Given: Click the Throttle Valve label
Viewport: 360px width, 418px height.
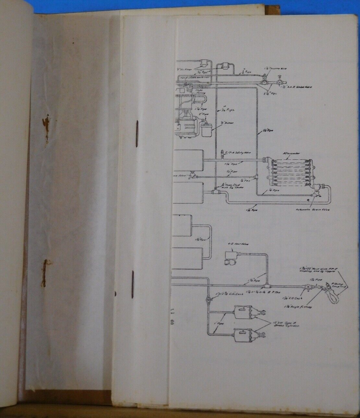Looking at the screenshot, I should pyautogui.click(x=271, y=69).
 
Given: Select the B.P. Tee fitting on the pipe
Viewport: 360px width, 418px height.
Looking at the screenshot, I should pyautogui.click(x=268, y=286).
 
